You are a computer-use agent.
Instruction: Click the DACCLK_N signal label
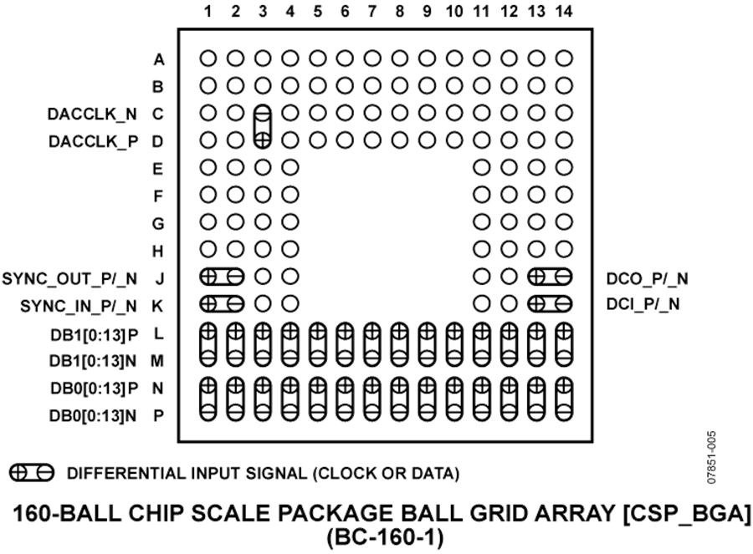coord(92,114)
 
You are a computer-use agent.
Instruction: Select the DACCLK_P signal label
coord(93,141)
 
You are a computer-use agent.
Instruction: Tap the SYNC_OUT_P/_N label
coord(69,279)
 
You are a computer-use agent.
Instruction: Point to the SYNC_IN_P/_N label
coord(79,306)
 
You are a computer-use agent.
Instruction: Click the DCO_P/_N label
coord(647,279)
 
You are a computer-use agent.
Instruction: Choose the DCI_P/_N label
coord(643,304)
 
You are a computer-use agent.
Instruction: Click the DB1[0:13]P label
coord(94,335)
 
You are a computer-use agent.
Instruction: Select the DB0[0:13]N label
coord(93,416)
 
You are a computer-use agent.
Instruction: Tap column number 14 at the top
coord(564,11)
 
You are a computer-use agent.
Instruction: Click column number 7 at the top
coord(372,11)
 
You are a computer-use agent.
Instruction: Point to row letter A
coord(159,60)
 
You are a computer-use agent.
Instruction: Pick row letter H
coord(158,252)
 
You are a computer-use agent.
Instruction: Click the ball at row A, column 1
coord(208,58)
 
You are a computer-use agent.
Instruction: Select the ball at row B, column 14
coord(564,86)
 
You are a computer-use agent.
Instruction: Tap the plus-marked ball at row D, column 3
coord(262,140)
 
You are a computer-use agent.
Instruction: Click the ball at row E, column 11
coord(482,167)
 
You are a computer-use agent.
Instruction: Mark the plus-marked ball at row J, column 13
coord(536,277)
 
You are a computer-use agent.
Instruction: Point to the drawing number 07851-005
coord(711,457)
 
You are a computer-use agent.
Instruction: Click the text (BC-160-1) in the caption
coord(385,537)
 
